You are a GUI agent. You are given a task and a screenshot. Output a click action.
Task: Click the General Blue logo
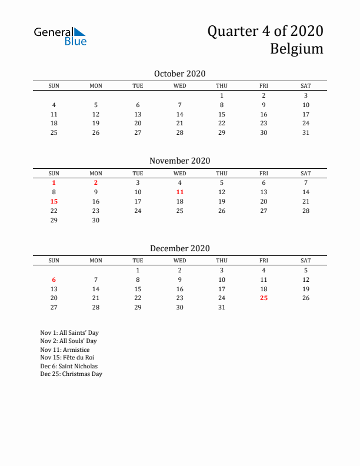pos(60,36)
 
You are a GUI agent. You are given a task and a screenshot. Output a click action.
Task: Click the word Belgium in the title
pos(296,48)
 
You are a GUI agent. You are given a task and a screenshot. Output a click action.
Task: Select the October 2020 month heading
pos(179,74)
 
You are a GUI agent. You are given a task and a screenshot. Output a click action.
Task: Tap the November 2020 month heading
pos(179,161)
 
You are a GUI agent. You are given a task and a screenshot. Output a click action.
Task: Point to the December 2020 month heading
pos(179,248)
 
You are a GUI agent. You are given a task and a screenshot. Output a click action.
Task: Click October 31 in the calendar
pos(306,133)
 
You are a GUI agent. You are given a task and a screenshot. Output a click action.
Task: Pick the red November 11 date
pos(180,192)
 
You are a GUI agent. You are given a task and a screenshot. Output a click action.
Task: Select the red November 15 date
pos(54,201)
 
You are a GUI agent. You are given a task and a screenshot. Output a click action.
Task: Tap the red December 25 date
pos(264,298)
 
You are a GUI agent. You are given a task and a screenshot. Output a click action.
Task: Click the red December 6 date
pos(54,279)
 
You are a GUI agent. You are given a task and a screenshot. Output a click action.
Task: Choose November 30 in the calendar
pos(96,220)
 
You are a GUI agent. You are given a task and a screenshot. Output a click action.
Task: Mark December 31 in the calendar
pos(222,308)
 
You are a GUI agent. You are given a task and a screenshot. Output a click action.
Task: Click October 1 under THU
pos(222,95)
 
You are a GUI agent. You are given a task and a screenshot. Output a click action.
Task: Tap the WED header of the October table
pos(180,86)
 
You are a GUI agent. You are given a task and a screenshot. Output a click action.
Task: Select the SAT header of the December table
pos(306,261)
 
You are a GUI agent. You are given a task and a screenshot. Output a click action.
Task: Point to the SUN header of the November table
pos(54,174)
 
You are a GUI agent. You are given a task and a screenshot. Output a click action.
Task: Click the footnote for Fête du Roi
pos(67,357)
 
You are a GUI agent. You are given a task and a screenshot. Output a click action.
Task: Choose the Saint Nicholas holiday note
pos(69,365)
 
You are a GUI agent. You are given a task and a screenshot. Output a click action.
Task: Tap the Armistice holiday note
pos(66,349)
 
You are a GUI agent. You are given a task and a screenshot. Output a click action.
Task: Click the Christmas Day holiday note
pos(71,374)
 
